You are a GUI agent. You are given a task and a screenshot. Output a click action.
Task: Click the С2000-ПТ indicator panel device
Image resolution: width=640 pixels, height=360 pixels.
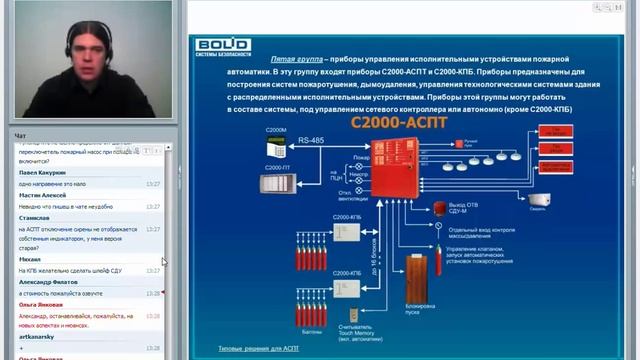tap(276, 183)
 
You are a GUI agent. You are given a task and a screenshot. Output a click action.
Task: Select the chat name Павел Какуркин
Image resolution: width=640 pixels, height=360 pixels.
tap(43, 173)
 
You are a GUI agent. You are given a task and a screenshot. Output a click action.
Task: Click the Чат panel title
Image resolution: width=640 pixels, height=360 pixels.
tap(20, 135)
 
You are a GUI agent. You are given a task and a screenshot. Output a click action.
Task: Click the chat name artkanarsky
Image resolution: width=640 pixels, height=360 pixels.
tap(37, 337)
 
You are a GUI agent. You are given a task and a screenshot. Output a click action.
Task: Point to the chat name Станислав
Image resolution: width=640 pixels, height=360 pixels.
tap(35, 217)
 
